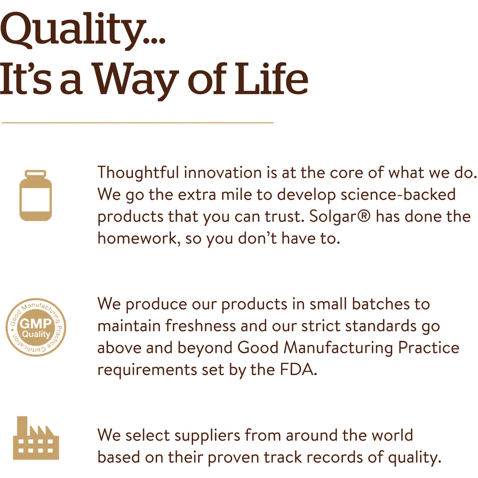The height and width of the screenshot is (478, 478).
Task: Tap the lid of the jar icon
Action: coord(35,173)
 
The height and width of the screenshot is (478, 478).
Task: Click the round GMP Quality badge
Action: coord(35,328)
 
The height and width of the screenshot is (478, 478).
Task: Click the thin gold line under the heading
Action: coord(137,123)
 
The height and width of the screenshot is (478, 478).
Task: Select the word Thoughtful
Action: coord(138,172)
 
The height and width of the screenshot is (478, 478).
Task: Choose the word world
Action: coord(392,435)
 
